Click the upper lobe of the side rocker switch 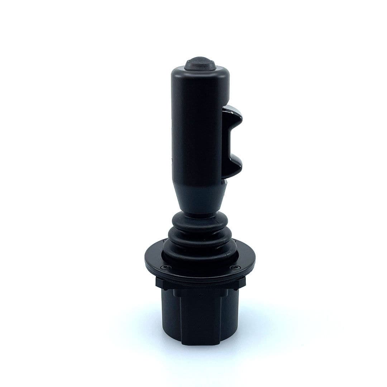[233, 116]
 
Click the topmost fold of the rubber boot [199, 219]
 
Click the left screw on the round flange [164, 267]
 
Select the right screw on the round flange [235, 267]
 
